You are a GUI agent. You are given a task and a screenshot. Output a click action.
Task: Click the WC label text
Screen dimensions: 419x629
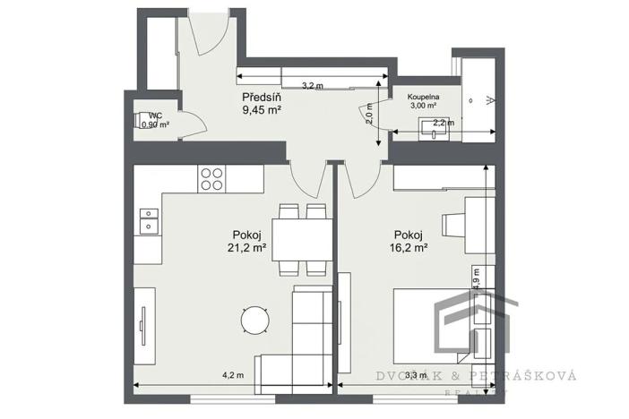(155, 115)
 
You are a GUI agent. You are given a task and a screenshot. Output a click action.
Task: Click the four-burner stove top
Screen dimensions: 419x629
(212, 179)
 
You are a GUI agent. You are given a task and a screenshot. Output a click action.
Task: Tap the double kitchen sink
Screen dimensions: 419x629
(148, 220)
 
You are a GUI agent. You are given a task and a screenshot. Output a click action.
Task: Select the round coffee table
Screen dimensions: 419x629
(254, 319)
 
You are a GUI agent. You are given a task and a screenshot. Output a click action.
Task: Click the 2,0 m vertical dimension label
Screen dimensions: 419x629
(368, 114)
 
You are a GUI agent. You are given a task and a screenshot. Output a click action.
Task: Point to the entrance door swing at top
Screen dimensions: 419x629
(204, 34)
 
